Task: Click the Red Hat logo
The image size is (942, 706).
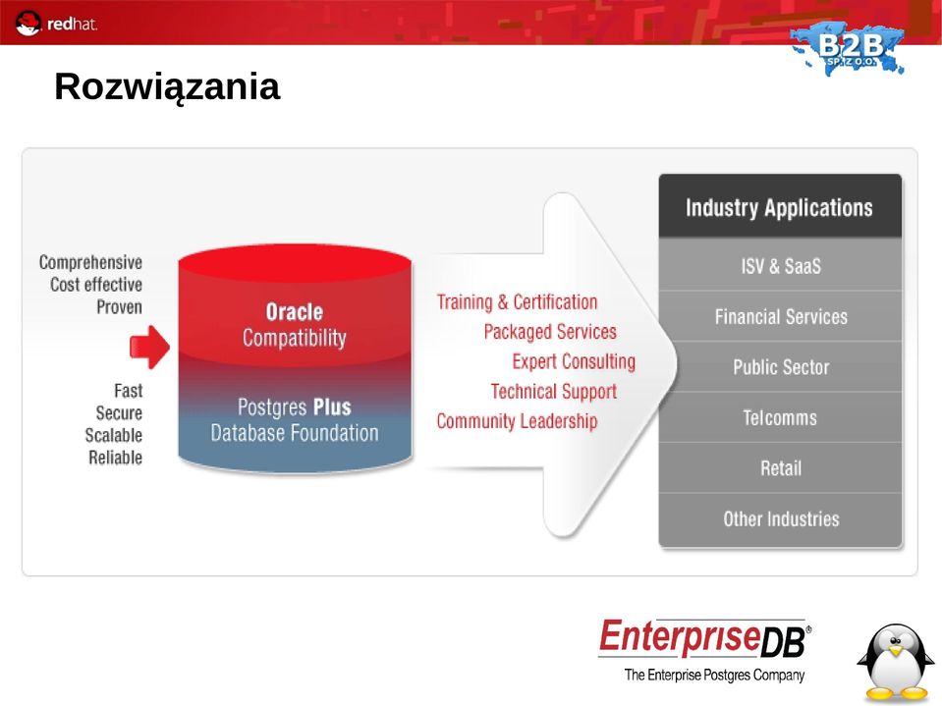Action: [55, 24]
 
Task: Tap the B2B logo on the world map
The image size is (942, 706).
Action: [848, 48]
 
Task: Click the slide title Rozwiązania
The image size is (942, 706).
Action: [167, 87]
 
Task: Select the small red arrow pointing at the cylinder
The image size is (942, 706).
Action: [149, 347]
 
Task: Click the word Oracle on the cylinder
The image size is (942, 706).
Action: [295, 312]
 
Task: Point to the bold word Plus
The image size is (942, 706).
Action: [332, 407]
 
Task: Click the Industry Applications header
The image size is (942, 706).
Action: [780, 207]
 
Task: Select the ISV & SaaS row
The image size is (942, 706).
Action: [780, 265]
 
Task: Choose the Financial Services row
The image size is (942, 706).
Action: [780, 316]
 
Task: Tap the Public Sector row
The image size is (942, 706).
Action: [780, 367]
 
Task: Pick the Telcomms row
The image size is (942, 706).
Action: [780, 418]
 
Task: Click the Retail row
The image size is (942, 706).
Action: [780, 468]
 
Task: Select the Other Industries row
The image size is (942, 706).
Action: [780, 519]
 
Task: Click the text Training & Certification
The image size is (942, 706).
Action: [517, 302]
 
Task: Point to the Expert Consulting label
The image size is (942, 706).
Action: [574, 361]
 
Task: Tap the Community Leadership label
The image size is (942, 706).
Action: [517, 421]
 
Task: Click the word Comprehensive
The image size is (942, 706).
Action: [90, 262]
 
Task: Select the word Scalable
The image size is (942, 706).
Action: [114, 435]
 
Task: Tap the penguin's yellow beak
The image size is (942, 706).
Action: [896, 651]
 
